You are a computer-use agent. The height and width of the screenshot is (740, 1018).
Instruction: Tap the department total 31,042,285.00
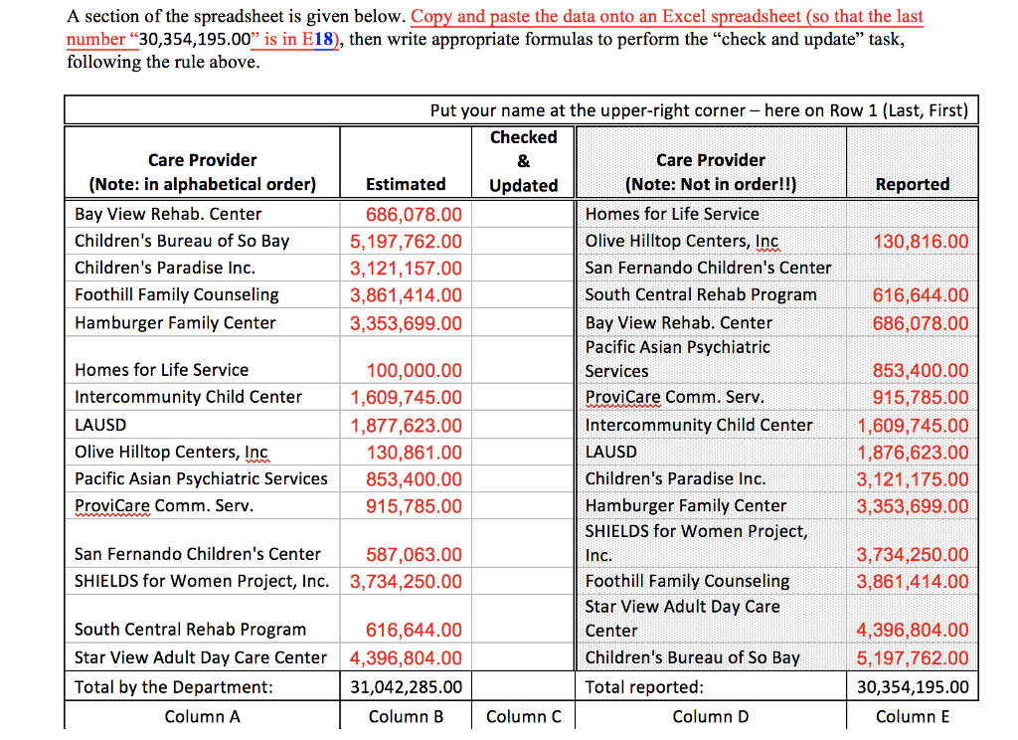(406, 686)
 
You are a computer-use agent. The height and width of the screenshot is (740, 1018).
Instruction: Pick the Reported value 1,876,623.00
(912, 452)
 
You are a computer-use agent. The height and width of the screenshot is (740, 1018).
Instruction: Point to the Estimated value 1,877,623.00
(406, 425)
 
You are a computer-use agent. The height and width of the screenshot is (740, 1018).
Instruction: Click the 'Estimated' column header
(406, 184)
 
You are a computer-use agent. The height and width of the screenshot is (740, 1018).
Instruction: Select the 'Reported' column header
(912, 184)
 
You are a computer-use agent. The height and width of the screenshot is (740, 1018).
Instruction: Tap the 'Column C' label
(524, 716)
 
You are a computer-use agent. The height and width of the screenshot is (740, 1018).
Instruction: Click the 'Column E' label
(912, 716)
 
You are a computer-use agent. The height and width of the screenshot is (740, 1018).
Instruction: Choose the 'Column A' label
(202, 716)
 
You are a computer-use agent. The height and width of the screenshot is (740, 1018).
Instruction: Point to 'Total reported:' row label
(643, 686)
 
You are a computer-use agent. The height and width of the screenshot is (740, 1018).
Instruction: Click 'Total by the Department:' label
(173, 686)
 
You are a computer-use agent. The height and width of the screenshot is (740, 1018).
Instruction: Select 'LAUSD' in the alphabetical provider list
(100, 425)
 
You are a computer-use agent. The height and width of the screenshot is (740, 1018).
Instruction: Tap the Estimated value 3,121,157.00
(406, 268)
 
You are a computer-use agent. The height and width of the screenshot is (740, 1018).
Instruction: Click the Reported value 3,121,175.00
(912, 478)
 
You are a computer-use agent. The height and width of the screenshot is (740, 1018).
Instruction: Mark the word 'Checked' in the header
(524, 137)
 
